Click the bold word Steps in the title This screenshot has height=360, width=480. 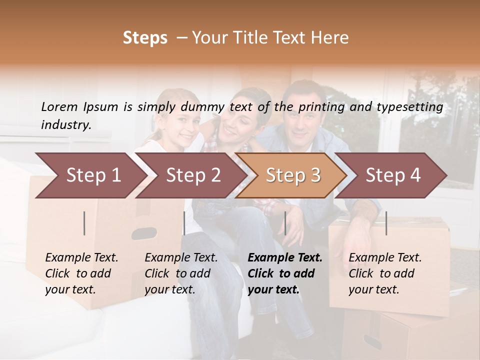click(145, 38)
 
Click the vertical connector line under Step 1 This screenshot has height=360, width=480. click(84, 223)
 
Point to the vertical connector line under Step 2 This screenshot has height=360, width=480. click(184, 223)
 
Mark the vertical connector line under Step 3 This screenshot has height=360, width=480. click(285, 223)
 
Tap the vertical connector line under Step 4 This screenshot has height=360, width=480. click(386, 223)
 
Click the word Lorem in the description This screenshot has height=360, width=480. click(59, 106)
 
